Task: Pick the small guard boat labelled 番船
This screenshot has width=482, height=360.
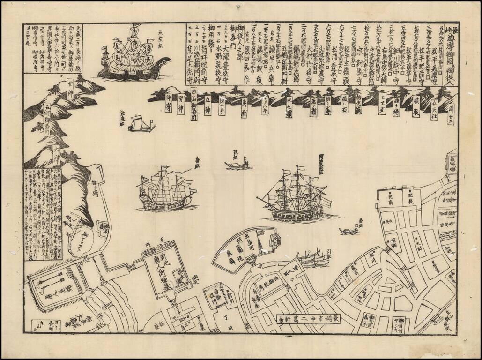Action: [349, 231]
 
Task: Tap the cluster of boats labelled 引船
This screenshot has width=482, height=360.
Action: [312, 258]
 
